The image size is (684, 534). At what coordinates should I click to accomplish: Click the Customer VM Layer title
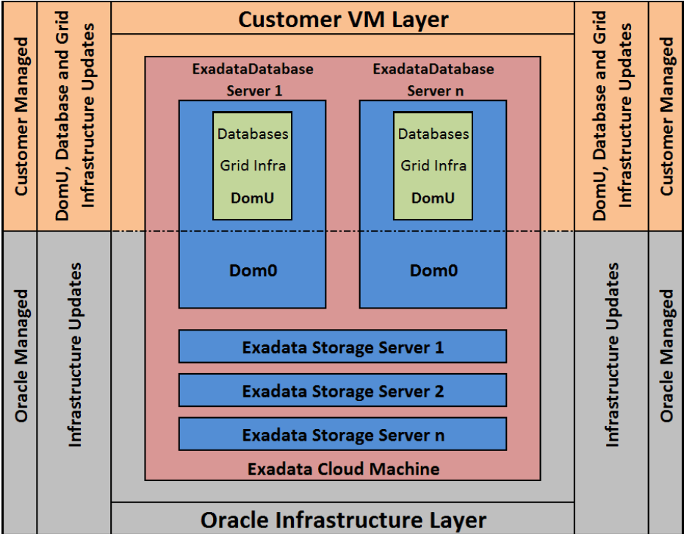pyautogui.click(x=342, y=19)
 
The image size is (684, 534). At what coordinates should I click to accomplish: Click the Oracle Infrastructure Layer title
pyautogui.click(x=342, y=520)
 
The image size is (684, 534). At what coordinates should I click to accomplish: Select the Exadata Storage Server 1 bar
pyautogui.click(x=342, y=347)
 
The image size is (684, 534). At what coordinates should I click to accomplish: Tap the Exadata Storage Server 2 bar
pyautogui.click(x=342, y=391)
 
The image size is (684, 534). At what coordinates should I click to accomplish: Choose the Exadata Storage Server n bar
pyautogui.click(x=342, y=435)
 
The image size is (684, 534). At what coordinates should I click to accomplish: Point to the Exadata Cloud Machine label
pyautogui.click(x=342, y=468)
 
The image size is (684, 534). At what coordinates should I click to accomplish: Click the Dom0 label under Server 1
pyautogui.click(x=252, y=270)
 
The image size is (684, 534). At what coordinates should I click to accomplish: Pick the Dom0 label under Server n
pyautogui.click(x=433, y=270)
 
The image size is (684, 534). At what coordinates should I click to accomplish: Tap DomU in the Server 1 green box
pyautogui.click(x=252, y=198)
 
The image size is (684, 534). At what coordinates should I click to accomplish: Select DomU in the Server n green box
pyautogui.click(x=433, y=198)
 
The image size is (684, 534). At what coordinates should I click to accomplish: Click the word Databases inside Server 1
pyautogui.click(x=252, y=134)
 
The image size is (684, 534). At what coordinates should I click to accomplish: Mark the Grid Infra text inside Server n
pyautogui.click(x=433, y=166)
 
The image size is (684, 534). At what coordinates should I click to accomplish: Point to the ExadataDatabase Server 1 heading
pyautogui.click(x=252, y=80)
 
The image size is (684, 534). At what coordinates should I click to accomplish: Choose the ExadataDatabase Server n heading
pyautogui.click(x=433, y=80)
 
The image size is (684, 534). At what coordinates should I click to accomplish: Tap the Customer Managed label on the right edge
pyautogui.click(x=666, y=116)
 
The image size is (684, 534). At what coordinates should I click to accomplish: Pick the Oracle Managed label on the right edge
pyautogui.click(x=666, y=355)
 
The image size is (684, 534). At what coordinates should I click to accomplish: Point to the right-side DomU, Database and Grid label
pyautogui.click(x=611, y=116)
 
